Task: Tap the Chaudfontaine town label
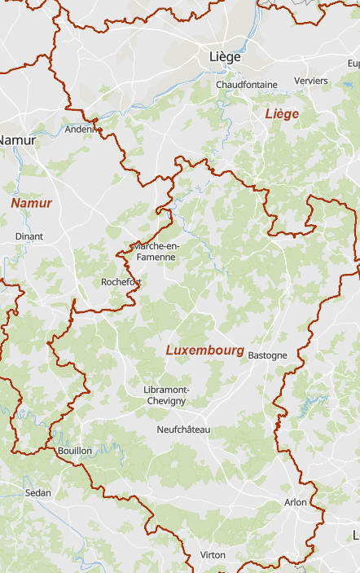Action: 247,84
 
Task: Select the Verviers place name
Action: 311,81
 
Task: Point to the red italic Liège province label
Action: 282,114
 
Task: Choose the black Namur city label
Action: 16,140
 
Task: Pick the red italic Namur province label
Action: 31,203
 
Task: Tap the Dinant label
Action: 29,236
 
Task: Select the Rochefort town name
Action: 121,282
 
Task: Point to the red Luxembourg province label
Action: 204,350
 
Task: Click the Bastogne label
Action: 267,355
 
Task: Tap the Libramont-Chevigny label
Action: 165,395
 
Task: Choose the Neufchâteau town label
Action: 183,429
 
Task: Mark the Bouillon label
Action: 75,451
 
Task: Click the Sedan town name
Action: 37,492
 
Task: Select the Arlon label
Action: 296,502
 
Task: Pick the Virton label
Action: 213,555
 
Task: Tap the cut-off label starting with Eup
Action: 353,63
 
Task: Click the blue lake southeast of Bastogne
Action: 313,402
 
